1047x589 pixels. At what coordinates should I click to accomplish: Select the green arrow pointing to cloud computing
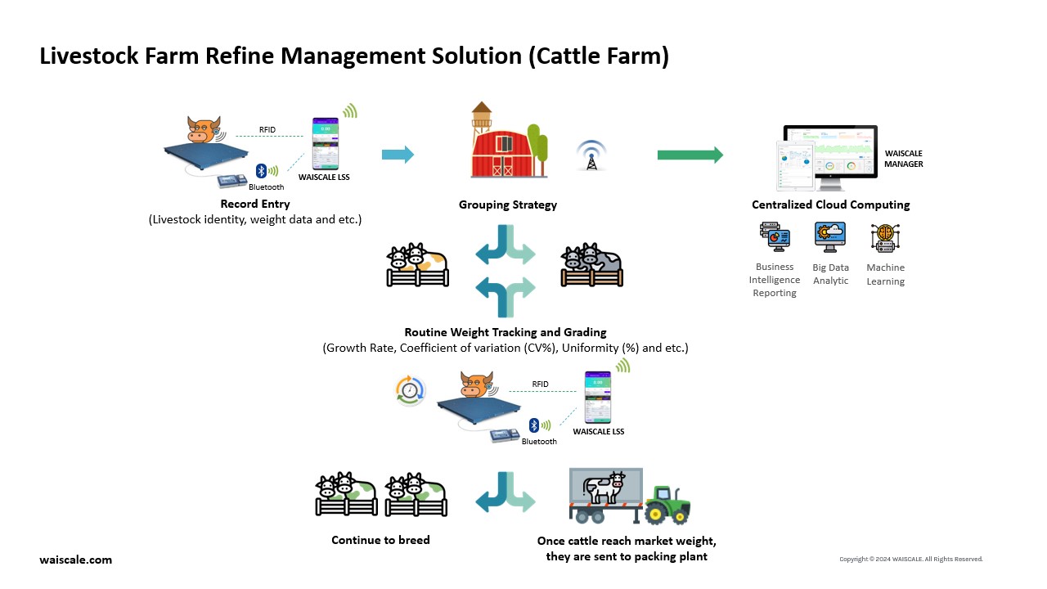(690, 155)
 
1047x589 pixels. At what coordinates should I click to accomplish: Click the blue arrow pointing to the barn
(398, 155)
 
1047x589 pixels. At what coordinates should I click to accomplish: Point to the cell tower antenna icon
(591, 155)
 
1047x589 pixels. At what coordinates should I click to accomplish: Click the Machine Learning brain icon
(885, 239)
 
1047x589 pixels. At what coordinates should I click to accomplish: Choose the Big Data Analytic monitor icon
(830, 237)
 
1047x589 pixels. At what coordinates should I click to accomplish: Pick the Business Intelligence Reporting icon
(775, 237)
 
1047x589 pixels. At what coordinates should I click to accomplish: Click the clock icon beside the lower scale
(410, 390)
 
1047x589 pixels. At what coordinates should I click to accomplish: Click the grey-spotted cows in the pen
(591, 263)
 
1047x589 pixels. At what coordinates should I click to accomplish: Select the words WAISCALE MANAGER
(903, 159)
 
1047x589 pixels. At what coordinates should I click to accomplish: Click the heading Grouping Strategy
(507, 205)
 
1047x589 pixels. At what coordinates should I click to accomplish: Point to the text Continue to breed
(380, 540)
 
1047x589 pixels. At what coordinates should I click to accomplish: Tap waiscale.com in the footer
(75, 560)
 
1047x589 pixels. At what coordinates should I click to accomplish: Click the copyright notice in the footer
(910, 560)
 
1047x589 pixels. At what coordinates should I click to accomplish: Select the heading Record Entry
(254, 204)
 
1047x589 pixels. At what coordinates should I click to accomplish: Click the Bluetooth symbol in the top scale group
(261, 170)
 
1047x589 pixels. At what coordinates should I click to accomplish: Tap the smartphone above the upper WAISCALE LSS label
(325, 144)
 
